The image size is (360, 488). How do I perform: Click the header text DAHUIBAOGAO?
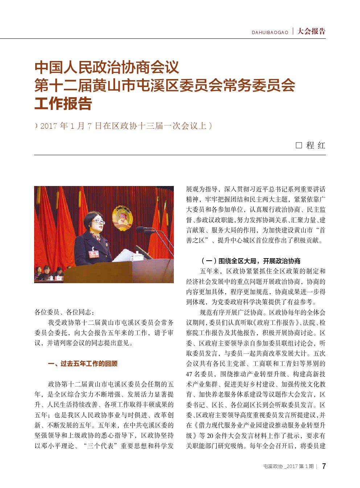click(270, 33)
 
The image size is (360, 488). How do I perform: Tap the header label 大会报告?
click(311, 32)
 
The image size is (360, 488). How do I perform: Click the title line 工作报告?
click(63, 104)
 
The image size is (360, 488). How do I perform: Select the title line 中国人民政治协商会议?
click(107, 67)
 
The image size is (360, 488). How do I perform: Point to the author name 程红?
click(316, 145)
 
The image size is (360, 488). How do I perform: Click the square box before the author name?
click(299, 145)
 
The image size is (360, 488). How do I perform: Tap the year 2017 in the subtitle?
click(49, 126)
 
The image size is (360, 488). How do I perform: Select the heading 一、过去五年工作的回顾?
click(83, 364)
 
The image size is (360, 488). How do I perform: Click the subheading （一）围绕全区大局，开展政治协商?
click(250, 261)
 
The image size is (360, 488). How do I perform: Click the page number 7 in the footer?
click(324, 466)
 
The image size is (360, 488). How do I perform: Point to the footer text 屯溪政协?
click(273, 467)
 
